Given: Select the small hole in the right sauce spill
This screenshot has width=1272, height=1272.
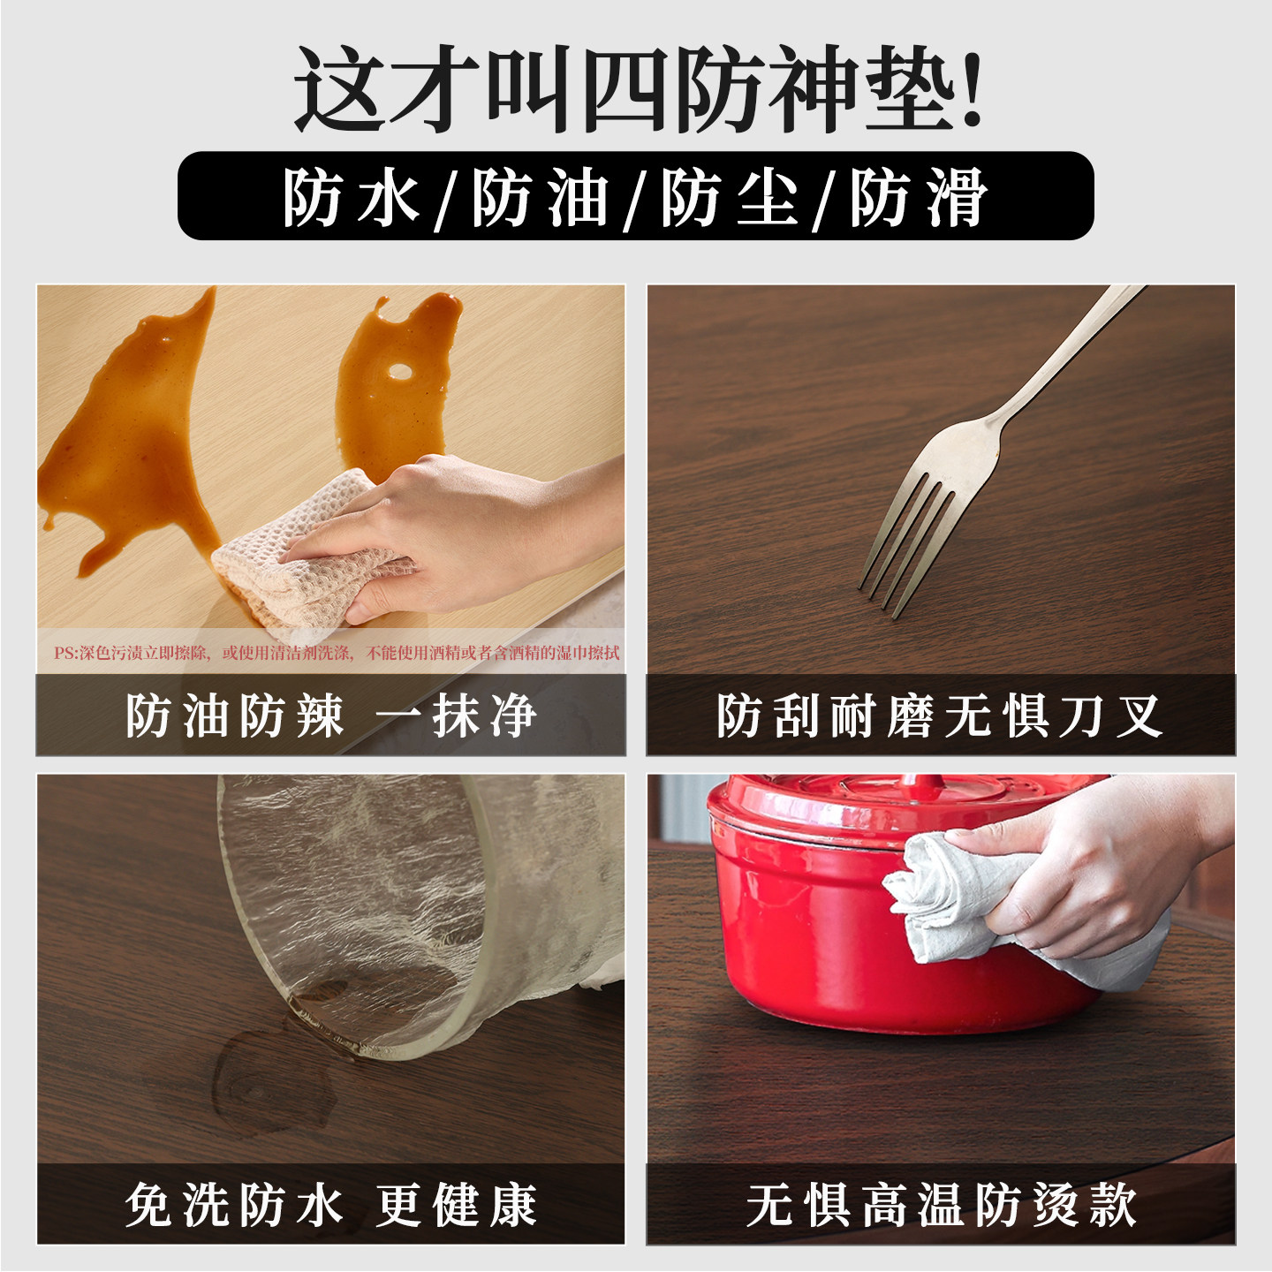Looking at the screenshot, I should pyautogui.click(x=400, y=371).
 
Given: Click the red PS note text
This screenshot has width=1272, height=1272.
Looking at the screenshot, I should pyautogui.click(x=336, y=653).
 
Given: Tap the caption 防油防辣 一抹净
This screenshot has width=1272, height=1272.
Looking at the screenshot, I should pyautogui.click(x=330, y=715).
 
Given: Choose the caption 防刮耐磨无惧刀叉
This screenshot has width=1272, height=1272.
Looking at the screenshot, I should pyautogui.click(x=940, y=715).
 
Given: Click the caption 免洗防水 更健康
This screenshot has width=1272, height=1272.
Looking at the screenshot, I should pyautogui.click(x=330, y=1205).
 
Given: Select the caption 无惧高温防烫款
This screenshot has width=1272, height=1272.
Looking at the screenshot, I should pyautogui.click(x=940, y=1205).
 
